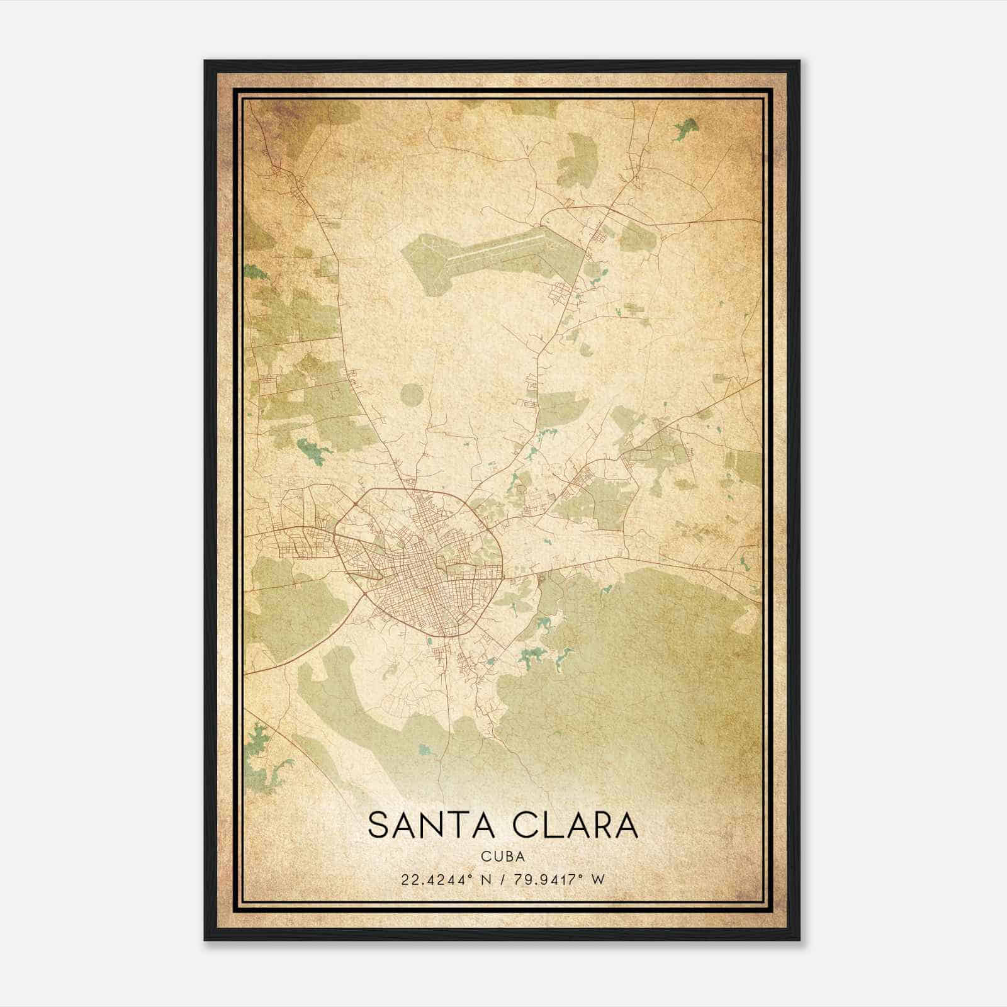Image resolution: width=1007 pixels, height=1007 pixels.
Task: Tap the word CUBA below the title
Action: tap(503, 857)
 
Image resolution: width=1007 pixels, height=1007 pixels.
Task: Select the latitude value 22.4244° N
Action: tap(444, 879)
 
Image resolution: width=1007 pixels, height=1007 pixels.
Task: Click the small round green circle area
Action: tap(412, 395)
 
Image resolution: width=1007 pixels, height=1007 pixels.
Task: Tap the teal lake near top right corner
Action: tap(686, 129)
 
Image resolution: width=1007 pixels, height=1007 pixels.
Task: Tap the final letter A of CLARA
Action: tap(625, 826)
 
